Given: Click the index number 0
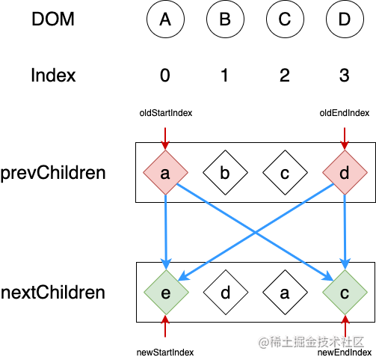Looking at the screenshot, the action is point(165,75).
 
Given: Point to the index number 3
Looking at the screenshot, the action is point(345,75).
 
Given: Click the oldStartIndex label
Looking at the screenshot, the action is point(166,113).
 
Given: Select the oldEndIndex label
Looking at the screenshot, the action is point(345,113).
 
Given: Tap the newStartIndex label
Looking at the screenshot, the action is point(165,353).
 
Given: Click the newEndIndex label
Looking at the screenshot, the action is point(345,353).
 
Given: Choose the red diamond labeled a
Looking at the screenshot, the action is point(165,172).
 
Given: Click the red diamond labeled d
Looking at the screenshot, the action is point(345,172).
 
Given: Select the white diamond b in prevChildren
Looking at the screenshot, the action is point(225,172).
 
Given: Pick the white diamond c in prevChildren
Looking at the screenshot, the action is point(285,172).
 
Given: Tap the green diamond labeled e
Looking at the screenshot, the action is point(166,292).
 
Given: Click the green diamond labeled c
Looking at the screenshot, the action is point(345,292).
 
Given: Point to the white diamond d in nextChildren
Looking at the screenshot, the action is point(226,292).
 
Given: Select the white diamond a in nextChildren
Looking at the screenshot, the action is point(285,292).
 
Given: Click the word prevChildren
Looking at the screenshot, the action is point(53,173).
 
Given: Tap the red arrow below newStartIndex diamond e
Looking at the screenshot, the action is point(165,326).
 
